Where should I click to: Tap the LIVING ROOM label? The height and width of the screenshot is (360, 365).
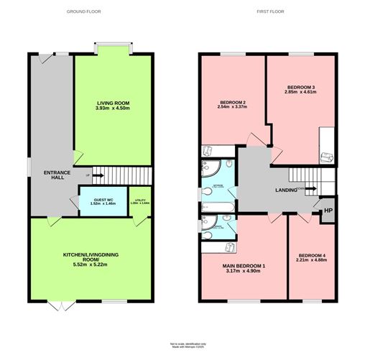pyautogui.click(x=113, y=103)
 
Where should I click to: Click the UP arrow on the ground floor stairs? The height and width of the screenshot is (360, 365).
pyautogui.click(x=88, y=175)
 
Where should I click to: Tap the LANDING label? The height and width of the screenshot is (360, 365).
pyautogui.click(x=287, y=190)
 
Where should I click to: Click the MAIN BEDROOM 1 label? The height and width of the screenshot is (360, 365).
pyautogui.click(x=244, y=267)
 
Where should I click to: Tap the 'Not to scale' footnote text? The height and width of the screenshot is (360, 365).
pyautogui.click(x=188, y=345)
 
